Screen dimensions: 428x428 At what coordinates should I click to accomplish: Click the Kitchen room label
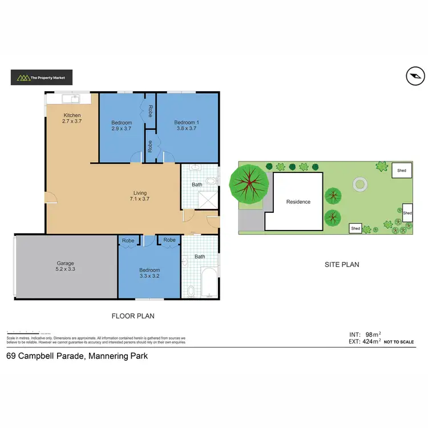[x=72, y=115]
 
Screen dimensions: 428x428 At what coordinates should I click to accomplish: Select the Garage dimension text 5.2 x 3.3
[x=66, y=269]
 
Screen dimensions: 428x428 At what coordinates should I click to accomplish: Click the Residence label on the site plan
[x=298, y=201]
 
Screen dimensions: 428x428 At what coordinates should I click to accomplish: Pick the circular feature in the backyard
[x=360, y=184]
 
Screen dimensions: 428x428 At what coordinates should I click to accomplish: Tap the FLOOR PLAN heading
[x=132, y=316]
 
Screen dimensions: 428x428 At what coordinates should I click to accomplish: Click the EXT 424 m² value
[x=370, y=342]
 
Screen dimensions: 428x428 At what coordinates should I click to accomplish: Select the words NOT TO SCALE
[x=399, y=342]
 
